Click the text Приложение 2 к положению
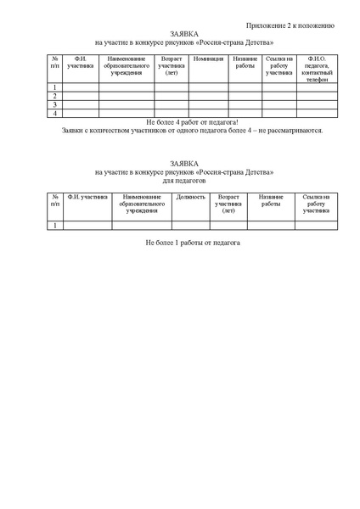[x=295, y=26]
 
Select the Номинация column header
[x=208, y=59]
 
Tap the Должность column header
[x=191, y=196]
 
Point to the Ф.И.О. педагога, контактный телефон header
[x=315, y=68]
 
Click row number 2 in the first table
[x=55, y=95]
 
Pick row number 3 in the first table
[x=55, y=103]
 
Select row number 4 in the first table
[x=55, y=112]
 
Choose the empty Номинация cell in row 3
[x=208, y=103]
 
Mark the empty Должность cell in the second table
[x=191, y=226]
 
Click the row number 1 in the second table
[x=55, y=226]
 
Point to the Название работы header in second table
[x=271, y=200]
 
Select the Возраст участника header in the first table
[x=171, y=64]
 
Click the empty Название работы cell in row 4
[x=245, y=112]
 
